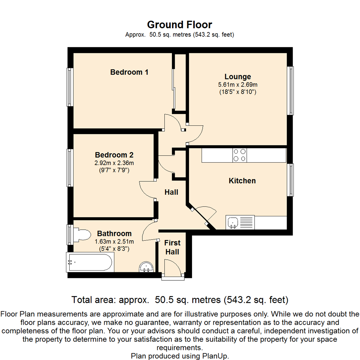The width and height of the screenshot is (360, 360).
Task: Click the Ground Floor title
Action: tap(180, 25)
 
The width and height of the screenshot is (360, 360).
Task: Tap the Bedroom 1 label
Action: tap(129, 72)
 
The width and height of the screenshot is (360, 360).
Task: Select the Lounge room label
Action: tap(237, 76)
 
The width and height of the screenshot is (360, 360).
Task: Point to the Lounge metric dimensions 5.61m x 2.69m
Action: tap(237, 84)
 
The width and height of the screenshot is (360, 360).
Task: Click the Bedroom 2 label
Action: tap(114, 155)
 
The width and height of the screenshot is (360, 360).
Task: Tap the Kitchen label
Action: tap(242, 181)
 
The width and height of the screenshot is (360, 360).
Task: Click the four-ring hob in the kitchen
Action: tap(240, 155)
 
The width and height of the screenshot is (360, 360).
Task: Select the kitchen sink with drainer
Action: tap(240, 222)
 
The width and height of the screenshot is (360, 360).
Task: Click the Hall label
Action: tap(172, 192)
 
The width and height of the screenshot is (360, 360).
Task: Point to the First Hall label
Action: tap(172, 247)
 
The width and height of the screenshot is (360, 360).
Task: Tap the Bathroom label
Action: tap(114, 234)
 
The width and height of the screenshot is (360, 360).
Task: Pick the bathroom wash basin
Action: tap(146, 267)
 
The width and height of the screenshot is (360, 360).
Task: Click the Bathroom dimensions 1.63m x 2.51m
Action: tap(114, 242)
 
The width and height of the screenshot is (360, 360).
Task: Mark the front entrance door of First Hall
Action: tap(174, 268)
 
